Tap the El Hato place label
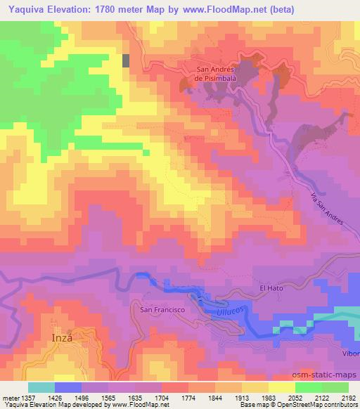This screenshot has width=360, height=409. point(271,287)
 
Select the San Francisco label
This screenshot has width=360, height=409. point(162,309)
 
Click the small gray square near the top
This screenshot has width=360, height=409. point(127,60)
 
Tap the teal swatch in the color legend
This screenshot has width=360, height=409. point(41,387)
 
